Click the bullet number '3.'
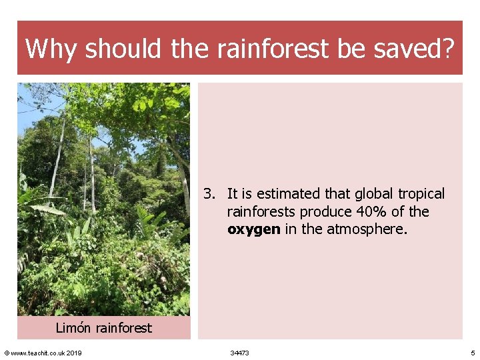(x=209, y=194)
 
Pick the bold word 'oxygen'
(x=253, y=229)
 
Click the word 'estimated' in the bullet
(x=288, y=194)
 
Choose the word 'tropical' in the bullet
(x=421, y=194)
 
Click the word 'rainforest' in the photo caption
(x=124, y=328)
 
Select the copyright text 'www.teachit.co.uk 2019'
(x=46, y=353)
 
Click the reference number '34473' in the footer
(x=239, y=353)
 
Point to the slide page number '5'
(x=473, y=353)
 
